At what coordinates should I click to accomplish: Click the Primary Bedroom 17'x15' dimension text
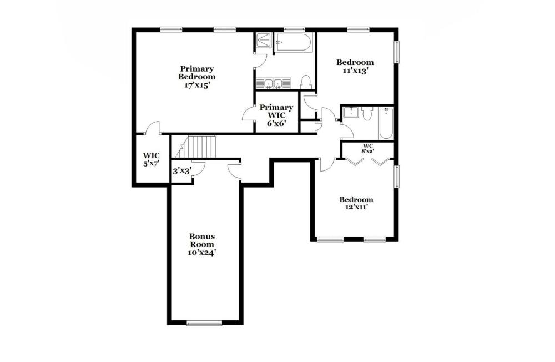(x=197, y=86)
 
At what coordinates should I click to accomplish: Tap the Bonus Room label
(x=202, y=240)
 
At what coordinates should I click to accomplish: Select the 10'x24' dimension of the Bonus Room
(x=202, y=253)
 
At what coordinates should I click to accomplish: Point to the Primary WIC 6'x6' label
(x=276, y=115)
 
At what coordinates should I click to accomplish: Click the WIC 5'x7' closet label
(x=151, y=159)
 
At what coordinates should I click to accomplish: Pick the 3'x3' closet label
(x=182, y=171)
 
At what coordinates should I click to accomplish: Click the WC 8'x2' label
(x=368, y=148)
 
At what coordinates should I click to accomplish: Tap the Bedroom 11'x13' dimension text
(x=355, y=71)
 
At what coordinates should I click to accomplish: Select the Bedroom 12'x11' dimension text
(x=356, y=207)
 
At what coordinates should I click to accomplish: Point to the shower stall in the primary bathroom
(x=263, y=41)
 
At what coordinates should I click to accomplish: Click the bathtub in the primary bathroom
(x=294, y=43)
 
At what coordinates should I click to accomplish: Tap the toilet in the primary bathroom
(x=305, y=82)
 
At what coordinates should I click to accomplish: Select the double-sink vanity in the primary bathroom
(x=274, y=83)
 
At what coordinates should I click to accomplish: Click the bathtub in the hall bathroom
(x=386, y=124)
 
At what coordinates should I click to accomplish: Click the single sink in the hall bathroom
(x=351, y=113)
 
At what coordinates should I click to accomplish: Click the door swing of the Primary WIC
(x=249, y=113)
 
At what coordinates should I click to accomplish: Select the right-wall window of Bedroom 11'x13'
(x=397, y=52)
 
